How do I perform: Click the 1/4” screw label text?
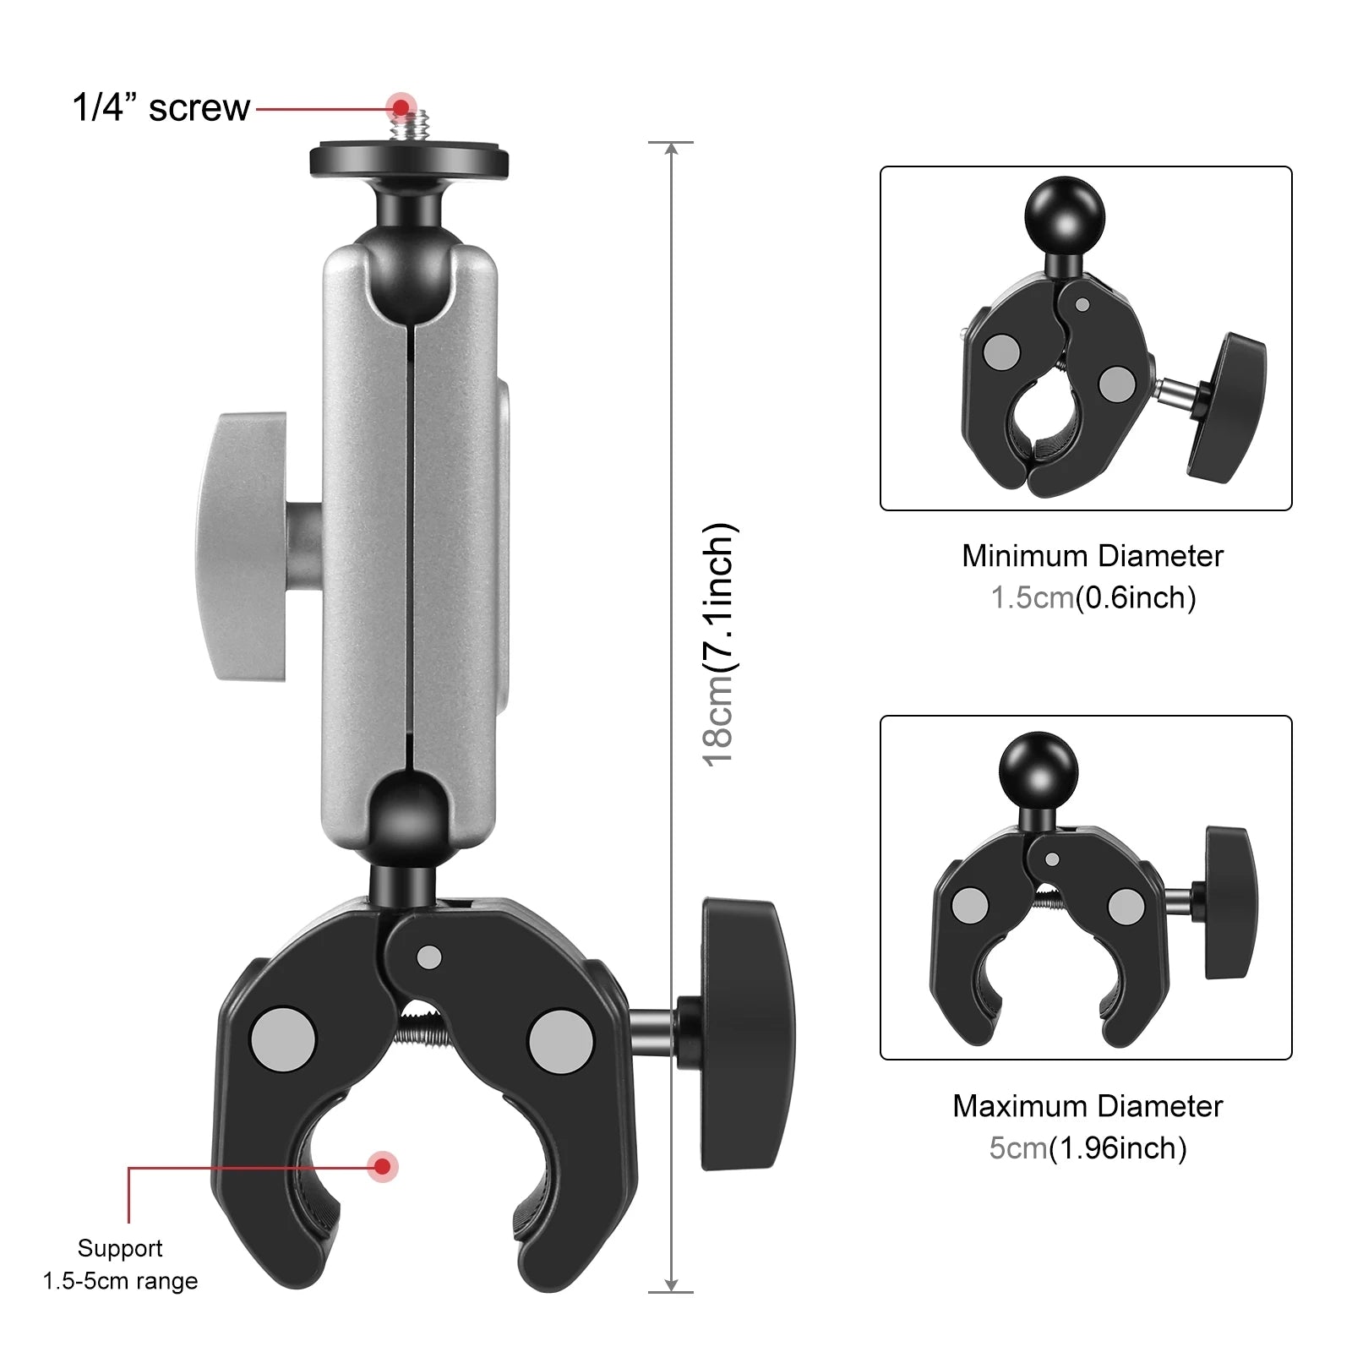161,108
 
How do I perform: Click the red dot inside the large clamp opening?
383,1167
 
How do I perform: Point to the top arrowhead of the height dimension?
671,150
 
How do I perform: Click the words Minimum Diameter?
1092,556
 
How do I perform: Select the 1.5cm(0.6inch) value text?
1093,598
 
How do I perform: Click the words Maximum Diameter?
1088,1106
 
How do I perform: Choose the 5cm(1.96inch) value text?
1088,1148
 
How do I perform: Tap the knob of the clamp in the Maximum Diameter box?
1231,902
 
